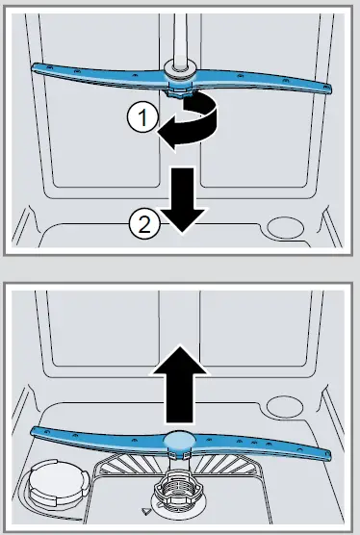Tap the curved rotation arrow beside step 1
pyautogui.click(x=197, y=124)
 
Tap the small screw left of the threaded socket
pyautogui.click(x=144, y=511)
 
